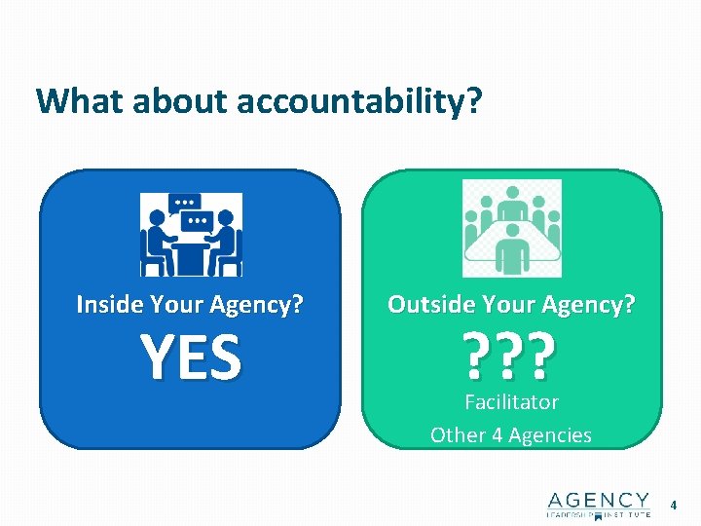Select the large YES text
coord(191,357)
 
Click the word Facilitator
coord(511,401)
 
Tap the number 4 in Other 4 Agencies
coord(497,434)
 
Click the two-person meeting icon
coord(191,235)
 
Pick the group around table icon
coord(511,229)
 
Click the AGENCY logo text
coord(598,500)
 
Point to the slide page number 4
coord(672,505)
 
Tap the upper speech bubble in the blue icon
coord(182,203)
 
